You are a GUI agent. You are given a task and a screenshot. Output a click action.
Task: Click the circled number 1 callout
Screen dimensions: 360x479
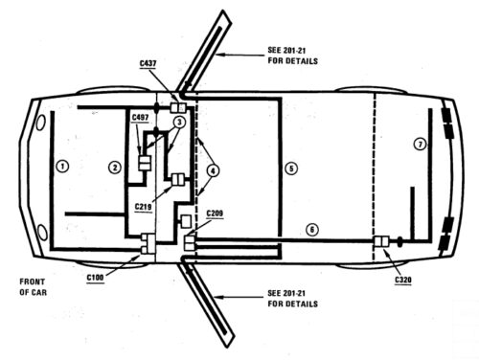click(62, 166)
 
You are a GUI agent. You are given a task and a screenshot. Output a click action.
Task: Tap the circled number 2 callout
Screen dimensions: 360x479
click(114, 168)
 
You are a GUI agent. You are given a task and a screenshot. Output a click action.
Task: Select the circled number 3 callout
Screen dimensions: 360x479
click(179, 123)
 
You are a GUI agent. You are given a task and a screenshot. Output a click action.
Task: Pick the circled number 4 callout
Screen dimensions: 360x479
click(213, 170)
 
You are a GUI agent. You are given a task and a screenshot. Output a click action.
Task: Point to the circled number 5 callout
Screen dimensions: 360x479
click(292, 168)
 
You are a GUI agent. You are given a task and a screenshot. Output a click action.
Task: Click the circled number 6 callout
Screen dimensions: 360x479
click(309, 230)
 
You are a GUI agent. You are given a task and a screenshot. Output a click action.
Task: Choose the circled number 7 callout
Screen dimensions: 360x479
click(419, 145)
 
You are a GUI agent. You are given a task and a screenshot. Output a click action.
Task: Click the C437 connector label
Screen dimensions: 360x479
click(148, 63)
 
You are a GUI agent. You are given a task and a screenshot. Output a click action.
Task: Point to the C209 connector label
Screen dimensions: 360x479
click(216, 212)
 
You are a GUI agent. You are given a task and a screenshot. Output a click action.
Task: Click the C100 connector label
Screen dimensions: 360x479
click(95, 277)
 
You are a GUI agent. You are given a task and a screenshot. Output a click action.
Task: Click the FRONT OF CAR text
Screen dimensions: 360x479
click(33, 286)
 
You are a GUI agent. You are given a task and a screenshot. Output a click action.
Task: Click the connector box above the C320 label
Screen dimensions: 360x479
click(381, 242)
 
